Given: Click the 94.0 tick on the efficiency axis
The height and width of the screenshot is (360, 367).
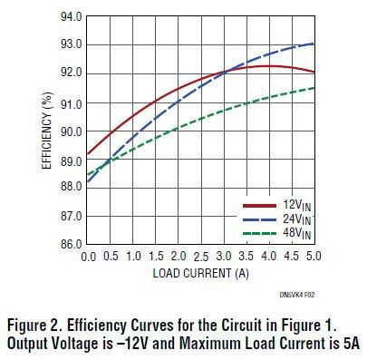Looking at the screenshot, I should (70, 16).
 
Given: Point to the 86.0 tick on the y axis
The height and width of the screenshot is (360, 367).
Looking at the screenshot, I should (70, 245).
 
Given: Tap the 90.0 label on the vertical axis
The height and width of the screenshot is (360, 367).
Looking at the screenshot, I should (70, 131).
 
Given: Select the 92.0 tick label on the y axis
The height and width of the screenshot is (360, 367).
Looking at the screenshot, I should (70, 73).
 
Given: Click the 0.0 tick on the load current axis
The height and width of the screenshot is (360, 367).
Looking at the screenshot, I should (88, 258).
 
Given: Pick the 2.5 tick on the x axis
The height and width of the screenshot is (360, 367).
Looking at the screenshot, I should (200, 258).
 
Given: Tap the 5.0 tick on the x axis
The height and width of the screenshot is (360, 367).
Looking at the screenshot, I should (314, 258).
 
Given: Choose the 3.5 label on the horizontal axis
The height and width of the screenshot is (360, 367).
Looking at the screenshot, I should (246, 258).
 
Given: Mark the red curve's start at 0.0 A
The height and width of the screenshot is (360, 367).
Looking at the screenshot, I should (88, 156).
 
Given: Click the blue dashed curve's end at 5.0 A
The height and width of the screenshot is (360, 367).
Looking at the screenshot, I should (314, 44).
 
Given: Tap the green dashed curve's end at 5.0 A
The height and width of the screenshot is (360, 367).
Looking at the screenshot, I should (314, 88).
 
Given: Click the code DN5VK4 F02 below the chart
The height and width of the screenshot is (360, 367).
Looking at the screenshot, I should (294, 295).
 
